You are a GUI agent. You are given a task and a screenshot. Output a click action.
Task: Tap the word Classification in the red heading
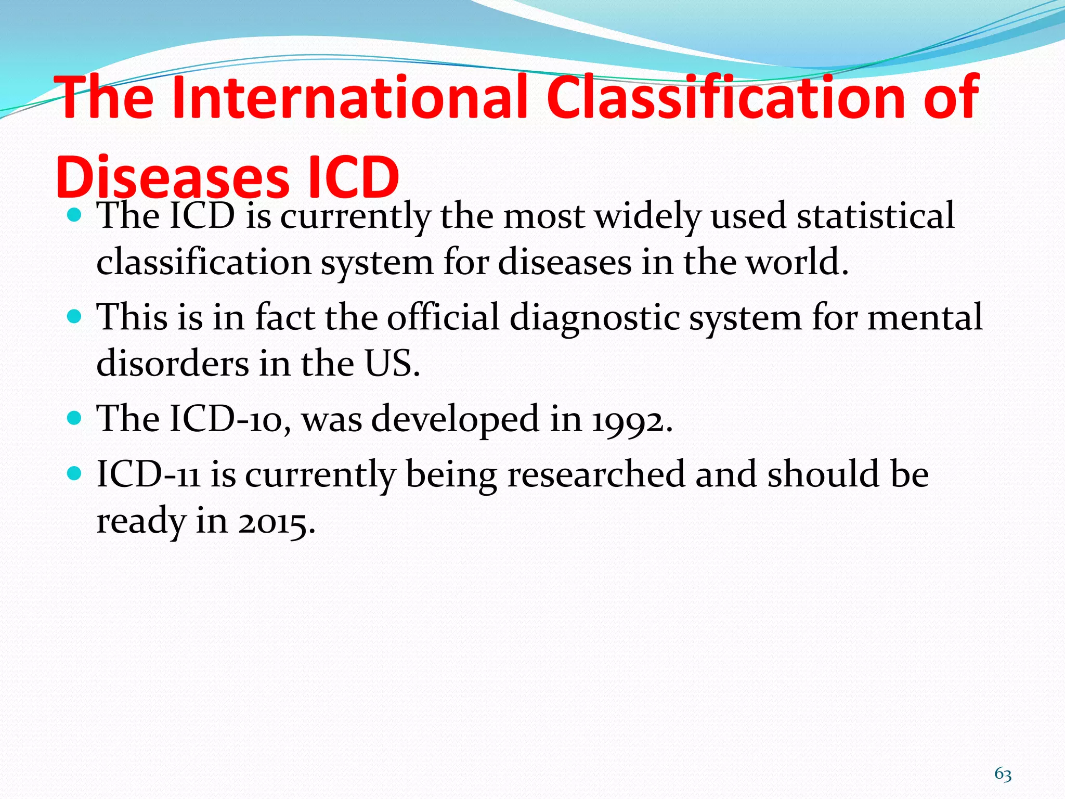(725, 97)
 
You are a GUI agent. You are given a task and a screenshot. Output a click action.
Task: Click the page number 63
(1003, 774)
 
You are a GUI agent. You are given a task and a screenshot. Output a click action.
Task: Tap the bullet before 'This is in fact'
(75, 317)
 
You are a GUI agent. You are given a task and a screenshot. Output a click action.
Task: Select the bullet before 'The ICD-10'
(75, 418)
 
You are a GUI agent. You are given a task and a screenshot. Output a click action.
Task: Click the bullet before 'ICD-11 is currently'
(75, 473)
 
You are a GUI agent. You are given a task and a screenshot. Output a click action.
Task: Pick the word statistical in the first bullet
(876, 216)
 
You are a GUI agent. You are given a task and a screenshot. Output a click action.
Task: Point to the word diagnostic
(594, 318)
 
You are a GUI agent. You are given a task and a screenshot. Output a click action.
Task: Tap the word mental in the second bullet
(925, 317)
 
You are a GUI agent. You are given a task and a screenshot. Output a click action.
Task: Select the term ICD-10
(229, 419)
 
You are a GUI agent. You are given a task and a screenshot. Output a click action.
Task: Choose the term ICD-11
(149, 474)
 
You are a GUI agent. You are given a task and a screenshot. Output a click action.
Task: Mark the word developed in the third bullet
(454, 420)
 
